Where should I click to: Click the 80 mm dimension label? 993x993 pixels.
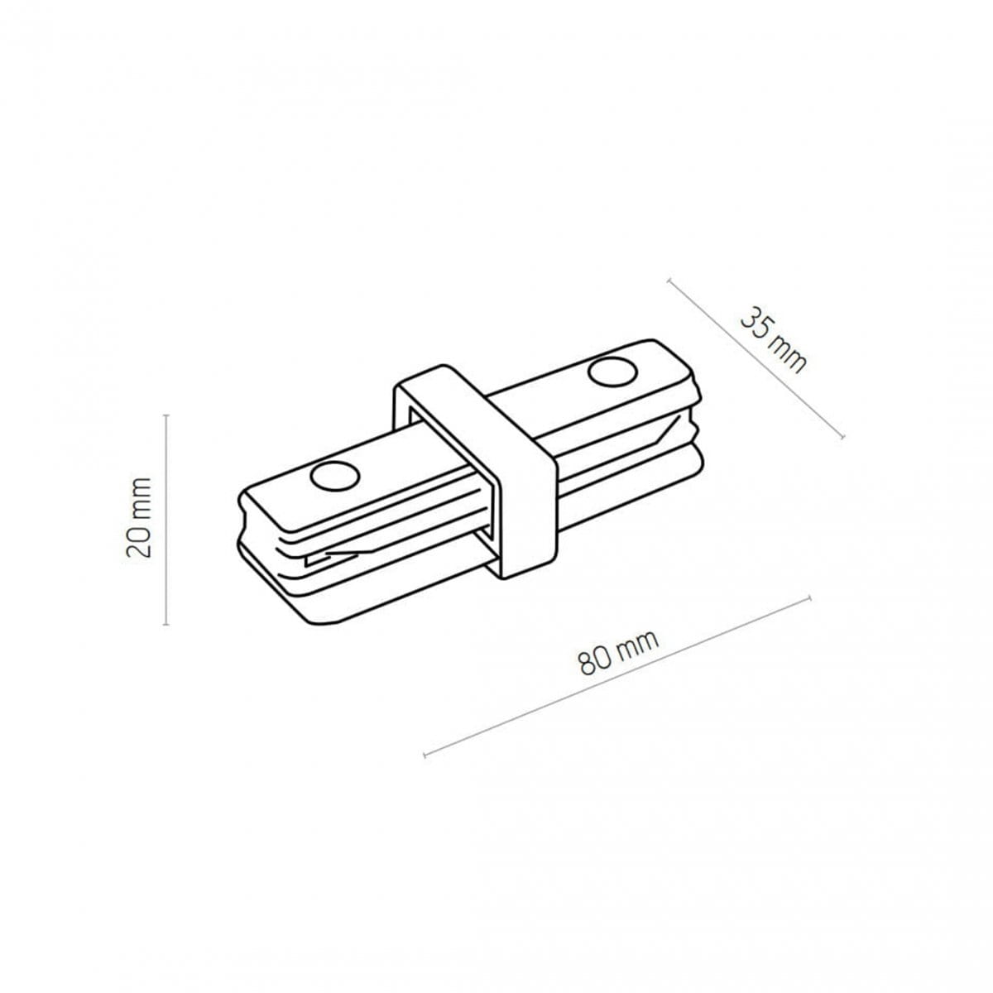point(617,652)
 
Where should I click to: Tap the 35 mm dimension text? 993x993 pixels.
point(772,340)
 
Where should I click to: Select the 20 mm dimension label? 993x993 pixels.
point(140,517)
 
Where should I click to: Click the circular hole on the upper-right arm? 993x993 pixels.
point(613,372)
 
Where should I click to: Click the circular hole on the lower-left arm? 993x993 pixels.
point(334,475)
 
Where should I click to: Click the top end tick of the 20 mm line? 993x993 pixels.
point(166,415)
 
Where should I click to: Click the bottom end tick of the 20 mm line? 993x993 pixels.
point(166,624)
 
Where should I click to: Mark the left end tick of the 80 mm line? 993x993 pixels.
point(425,755)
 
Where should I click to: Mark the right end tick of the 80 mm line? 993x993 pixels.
point(810,597)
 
